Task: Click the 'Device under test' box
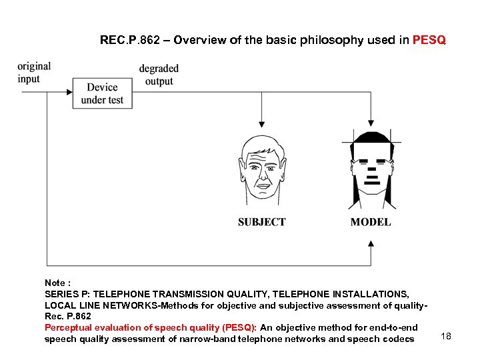pos(102,93)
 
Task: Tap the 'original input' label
pos(34,73)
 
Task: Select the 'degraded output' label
pos(159,75)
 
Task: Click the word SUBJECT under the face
pos(261,222)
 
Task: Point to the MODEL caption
pos(371,222)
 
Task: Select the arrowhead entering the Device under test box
pos(70,93)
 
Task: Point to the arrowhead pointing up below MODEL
pos(371,244)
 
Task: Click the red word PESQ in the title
pos(429,40)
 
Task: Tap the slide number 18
pos(446,336)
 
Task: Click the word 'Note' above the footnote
pos(56,283)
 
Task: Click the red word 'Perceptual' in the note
pos(68,327)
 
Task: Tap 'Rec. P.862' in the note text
pos(67,316)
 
